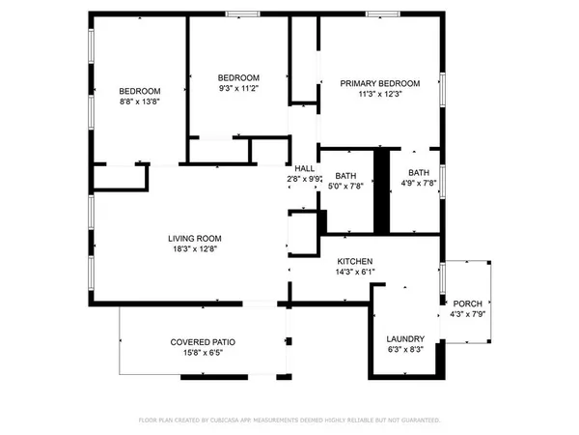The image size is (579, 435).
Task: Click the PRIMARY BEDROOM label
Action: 379,84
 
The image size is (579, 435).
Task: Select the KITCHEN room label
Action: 354,262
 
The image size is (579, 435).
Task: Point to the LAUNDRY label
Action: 405,338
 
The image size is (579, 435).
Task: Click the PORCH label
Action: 468,303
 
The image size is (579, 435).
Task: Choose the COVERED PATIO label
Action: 204,342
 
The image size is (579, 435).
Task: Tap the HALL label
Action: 305,168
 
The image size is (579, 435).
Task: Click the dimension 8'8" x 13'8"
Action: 140,100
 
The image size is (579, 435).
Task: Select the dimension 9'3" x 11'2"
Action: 238,88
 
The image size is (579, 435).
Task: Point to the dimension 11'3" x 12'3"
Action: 379,95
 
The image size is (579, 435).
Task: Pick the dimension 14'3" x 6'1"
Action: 354,273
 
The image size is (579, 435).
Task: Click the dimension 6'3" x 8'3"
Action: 405,349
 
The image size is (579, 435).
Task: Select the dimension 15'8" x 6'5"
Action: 204,353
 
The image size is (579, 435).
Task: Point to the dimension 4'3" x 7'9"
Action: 468,313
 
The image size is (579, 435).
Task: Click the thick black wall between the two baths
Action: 382,190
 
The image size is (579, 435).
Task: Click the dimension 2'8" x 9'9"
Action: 305,179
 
